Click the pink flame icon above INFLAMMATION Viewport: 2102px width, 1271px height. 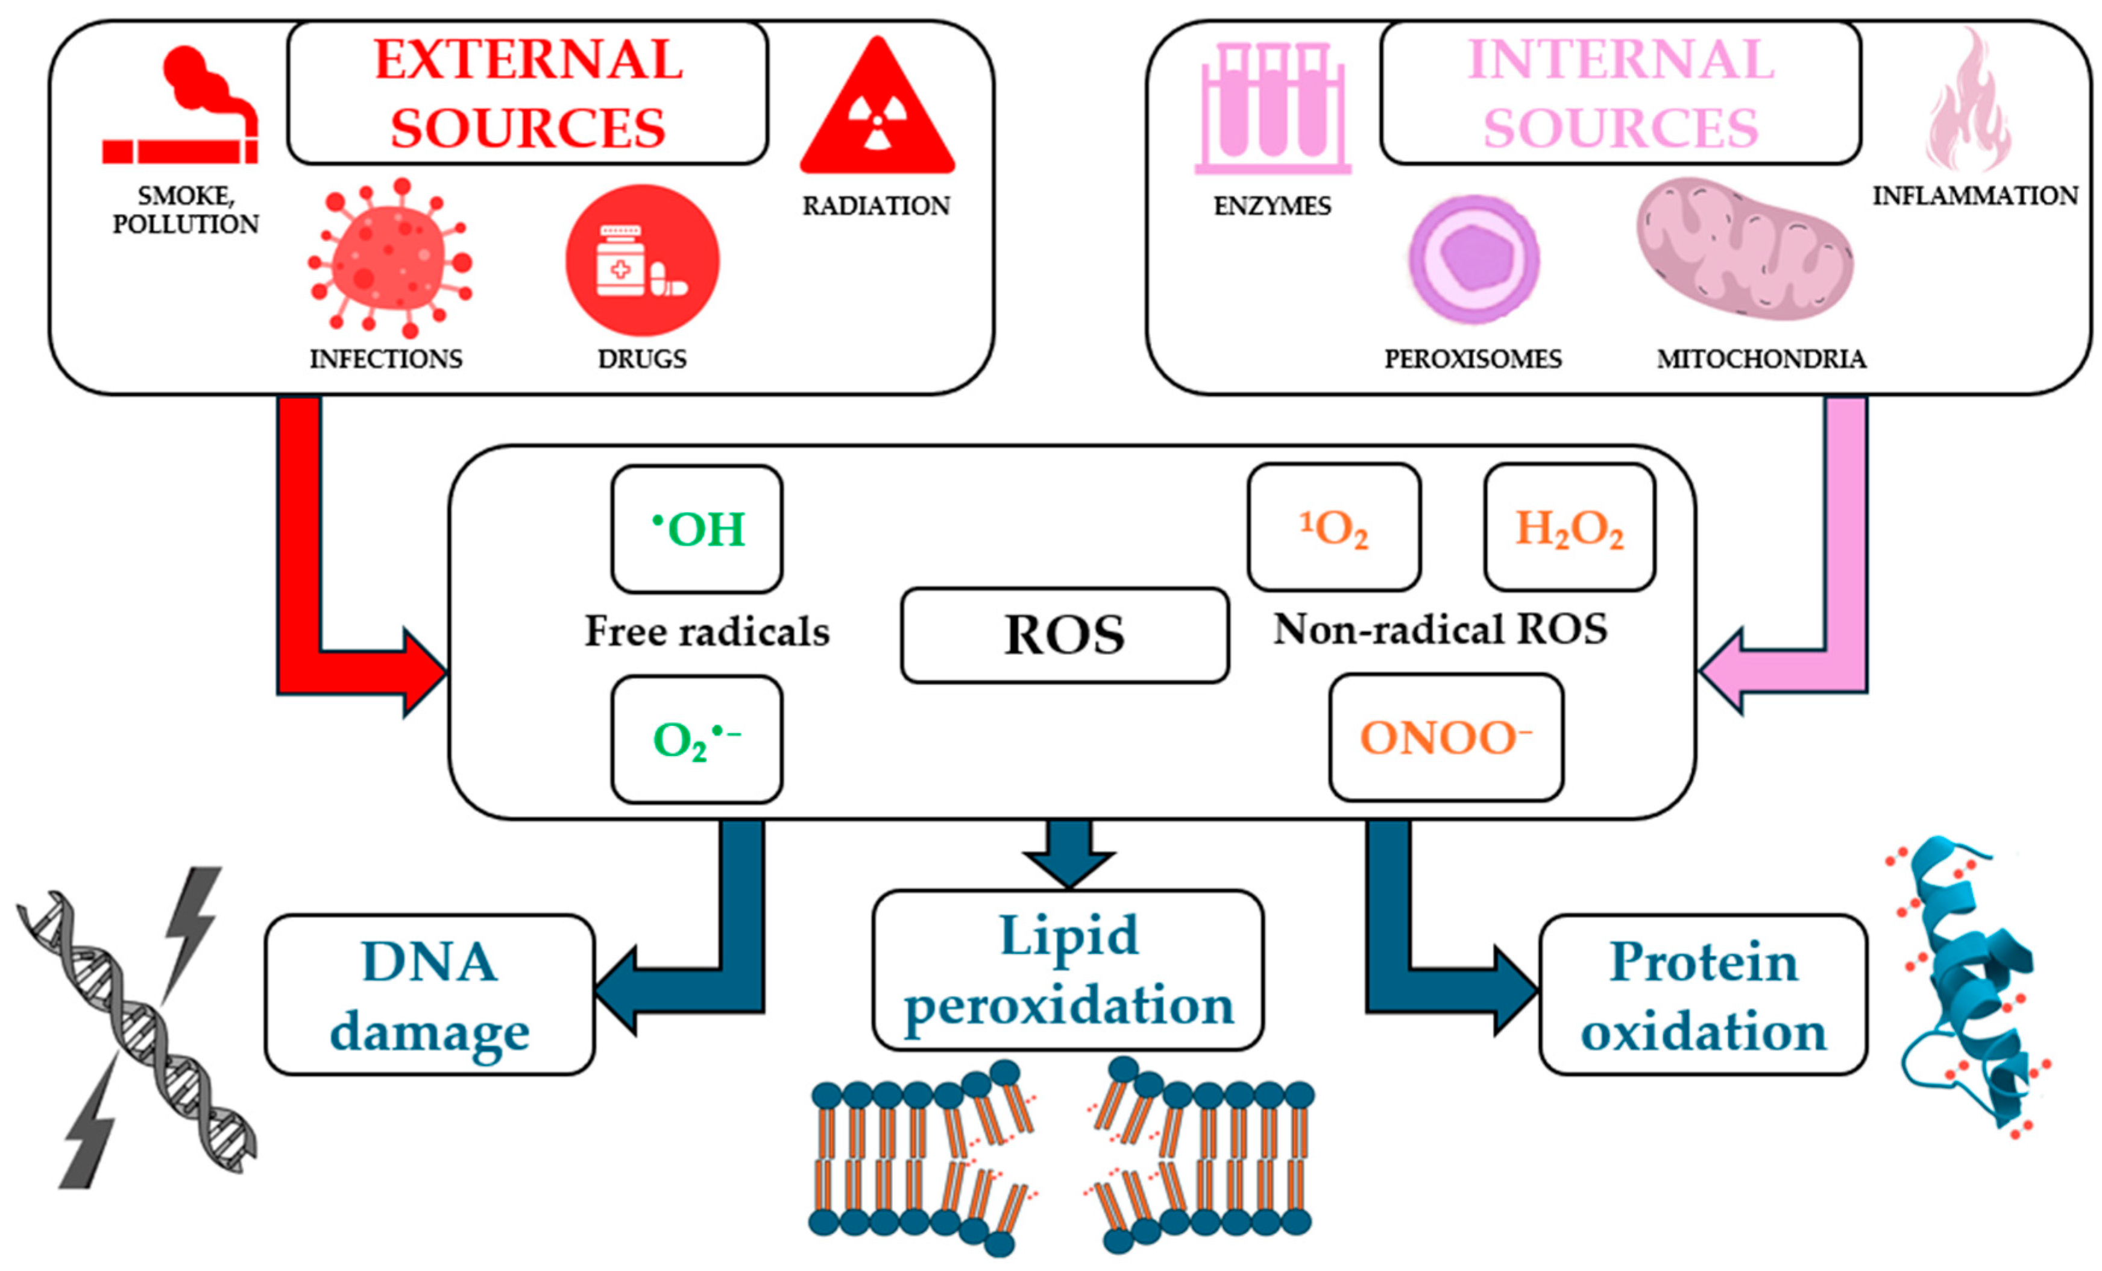click(1968, 102)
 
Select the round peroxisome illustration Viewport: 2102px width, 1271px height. click(1474, 259)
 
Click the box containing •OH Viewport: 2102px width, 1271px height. click(697, 529)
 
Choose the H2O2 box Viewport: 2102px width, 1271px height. click(1570, 527)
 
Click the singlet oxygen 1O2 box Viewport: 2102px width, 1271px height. click(1333, 527)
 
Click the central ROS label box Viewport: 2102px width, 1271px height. click(1065, 635)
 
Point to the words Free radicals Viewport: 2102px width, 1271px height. click(706, 632)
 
